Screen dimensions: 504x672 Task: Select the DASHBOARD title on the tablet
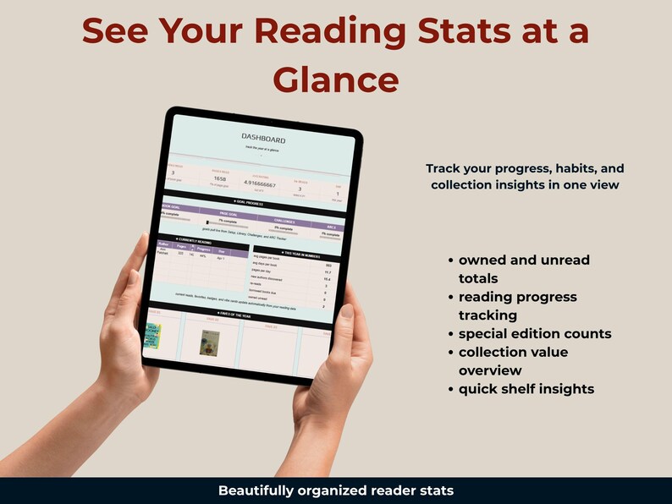pos(263,139)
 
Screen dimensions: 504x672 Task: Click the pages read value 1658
pos(220,179)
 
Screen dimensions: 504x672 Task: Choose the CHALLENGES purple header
pos(281,222)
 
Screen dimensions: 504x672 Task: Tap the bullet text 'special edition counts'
pos(535,333)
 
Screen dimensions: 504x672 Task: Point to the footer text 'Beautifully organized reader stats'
pos(335,490)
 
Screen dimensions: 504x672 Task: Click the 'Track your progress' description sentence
pos(525,176)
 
